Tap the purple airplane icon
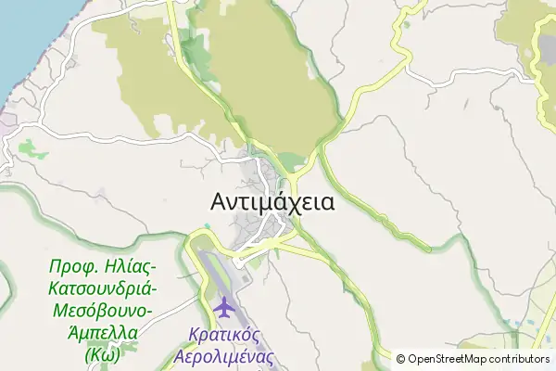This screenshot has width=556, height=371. click(223, 305)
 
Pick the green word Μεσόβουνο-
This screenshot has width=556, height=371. click(103, 310)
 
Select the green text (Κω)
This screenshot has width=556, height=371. click(103, 352)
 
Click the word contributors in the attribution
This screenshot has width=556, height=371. click(520, 359)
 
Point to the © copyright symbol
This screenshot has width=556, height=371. click(400, 359)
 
